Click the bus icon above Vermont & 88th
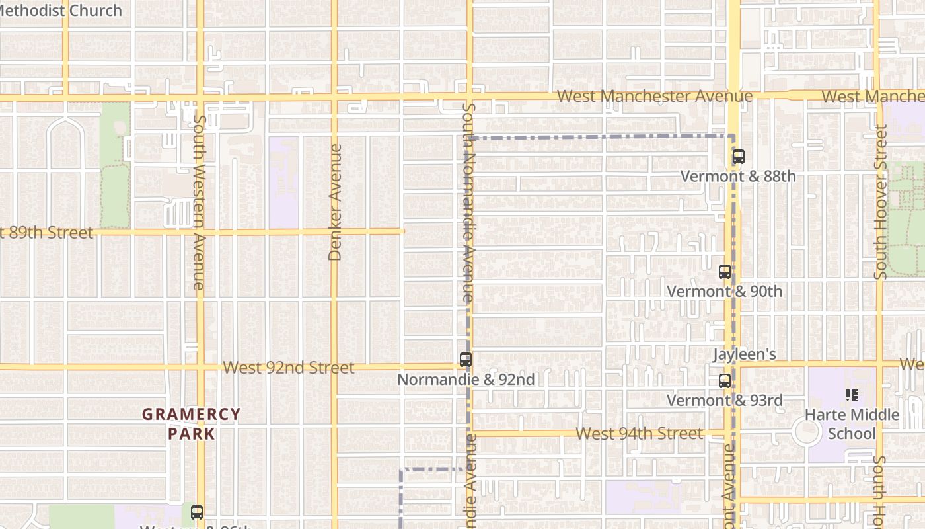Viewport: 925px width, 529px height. coord(738,157)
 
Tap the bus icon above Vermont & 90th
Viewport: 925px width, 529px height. coord(725,272)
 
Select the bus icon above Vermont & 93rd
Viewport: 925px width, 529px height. coord(725,381)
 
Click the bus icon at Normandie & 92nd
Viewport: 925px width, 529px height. coord(466,360)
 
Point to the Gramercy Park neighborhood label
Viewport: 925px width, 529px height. coord(192,424)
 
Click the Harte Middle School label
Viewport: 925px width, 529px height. coord(852,425)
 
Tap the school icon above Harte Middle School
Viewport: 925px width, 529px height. coord(852,395)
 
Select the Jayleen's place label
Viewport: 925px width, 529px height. coord(744,354)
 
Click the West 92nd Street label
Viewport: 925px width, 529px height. coord(289,368)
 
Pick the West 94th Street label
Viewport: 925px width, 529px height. coord(640,434)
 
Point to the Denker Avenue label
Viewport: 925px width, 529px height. coord(335,202)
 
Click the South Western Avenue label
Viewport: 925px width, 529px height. coord(199,202)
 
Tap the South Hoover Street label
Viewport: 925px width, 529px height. coord(880,202)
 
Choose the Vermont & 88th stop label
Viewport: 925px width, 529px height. coord(738,177)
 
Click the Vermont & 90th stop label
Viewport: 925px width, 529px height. coord(724,292)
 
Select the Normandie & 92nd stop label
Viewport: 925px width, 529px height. coord(466,380)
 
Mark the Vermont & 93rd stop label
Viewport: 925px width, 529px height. coord(724,401)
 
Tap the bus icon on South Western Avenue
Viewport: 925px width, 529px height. coord(196,512)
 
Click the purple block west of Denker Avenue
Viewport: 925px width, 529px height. coord(283,182)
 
